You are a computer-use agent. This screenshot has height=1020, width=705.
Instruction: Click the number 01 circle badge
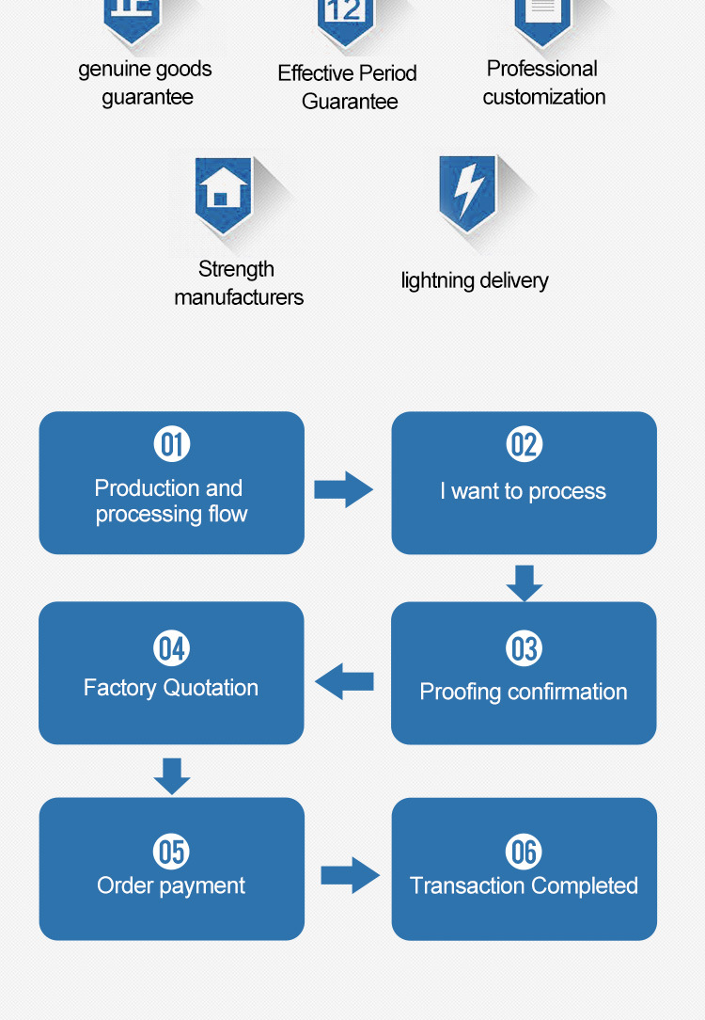(171, 444)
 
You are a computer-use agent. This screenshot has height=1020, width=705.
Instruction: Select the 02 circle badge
(525, 444)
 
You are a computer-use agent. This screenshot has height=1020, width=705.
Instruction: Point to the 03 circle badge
(524, 648)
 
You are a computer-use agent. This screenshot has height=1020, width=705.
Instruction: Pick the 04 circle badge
(171, 648)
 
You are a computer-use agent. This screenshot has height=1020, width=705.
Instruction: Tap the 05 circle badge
(171, 852)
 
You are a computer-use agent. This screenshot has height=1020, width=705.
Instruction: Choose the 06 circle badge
(524, 852)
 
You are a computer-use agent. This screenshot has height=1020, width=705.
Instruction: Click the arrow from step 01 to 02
(344, 489)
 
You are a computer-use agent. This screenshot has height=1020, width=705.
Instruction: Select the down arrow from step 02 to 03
(525, 582)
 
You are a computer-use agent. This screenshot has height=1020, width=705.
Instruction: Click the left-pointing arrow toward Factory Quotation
(344, 681)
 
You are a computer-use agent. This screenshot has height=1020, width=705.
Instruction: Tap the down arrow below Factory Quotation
(172, 776)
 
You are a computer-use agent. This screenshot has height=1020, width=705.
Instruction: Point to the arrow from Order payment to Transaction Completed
(351, 875)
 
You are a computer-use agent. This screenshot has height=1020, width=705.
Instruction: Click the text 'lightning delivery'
(475, 280)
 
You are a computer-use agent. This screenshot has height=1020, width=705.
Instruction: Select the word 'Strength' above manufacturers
(236, 269)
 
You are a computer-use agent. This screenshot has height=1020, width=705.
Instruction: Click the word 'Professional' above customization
(541, 69)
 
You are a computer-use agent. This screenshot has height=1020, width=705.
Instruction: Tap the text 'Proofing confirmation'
(524, 692)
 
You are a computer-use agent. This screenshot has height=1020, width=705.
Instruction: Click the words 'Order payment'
(171, 885)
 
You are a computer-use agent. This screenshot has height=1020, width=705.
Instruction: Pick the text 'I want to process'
(523, 491)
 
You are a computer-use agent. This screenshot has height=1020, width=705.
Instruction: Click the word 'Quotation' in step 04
(211, 688)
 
